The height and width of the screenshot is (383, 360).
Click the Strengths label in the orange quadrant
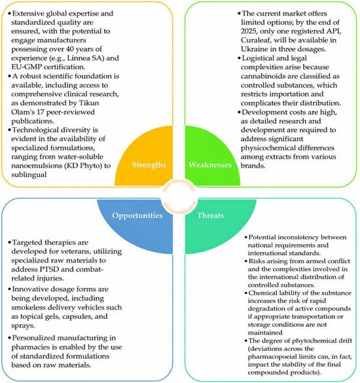click(x=149, y=165)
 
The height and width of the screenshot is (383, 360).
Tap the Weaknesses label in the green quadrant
click(x=210, y=165)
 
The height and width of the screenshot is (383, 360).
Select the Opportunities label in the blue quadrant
click(x=137, y=215)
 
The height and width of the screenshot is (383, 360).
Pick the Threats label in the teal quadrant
click(x=210, y=215)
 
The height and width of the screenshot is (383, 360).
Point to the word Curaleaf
click(x=255, y=40)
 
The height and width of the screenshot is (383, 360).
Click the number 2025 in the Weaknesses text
click(x=249, y=31)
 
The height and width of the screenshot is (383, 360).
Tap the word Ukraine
click(x=254, y=49)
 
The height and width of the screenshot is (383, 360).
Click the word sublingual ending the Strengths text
click(x=29, y=175)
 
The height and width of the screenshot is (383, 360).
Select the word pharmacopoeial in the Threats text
click(x=268, y=357)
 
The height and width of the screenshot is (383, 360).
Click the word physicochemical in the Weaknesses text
click(x=267, y=148)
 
